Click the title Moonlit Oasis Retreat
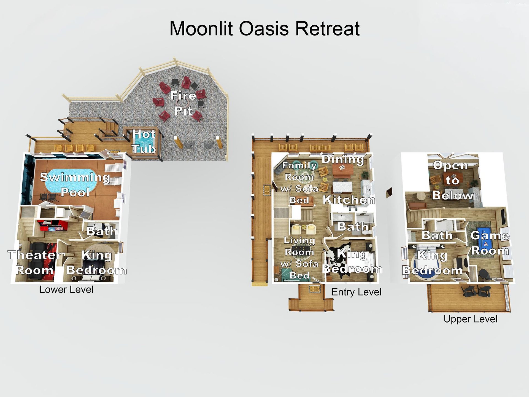click(x=264, y=29)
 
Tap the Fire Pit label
click(x=183, y=103)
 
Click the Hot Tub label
click(x=144, y=141)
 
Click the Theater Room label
click(x=34, y=262)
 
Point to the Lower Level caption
click(x=66, y=289)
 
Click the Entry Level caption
click(x=356, y=292)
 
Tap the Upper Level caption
click(x=470, y=319)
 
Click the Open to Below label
click(x=452, y=180)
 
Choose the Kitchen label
click(x=349, y=200)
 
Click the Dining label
click(x=343, y=159)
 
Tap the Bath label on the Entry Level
click(x=353, y=227)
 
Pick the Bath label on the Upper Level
click(x=437, y=235)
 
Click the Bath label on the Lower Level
click(x=102, y=231)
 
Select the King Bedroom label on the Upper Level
click(x=432, y=263)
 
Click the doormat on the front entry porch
click(x=315, y=289)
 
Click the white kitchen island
click(x=342, y=187)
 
